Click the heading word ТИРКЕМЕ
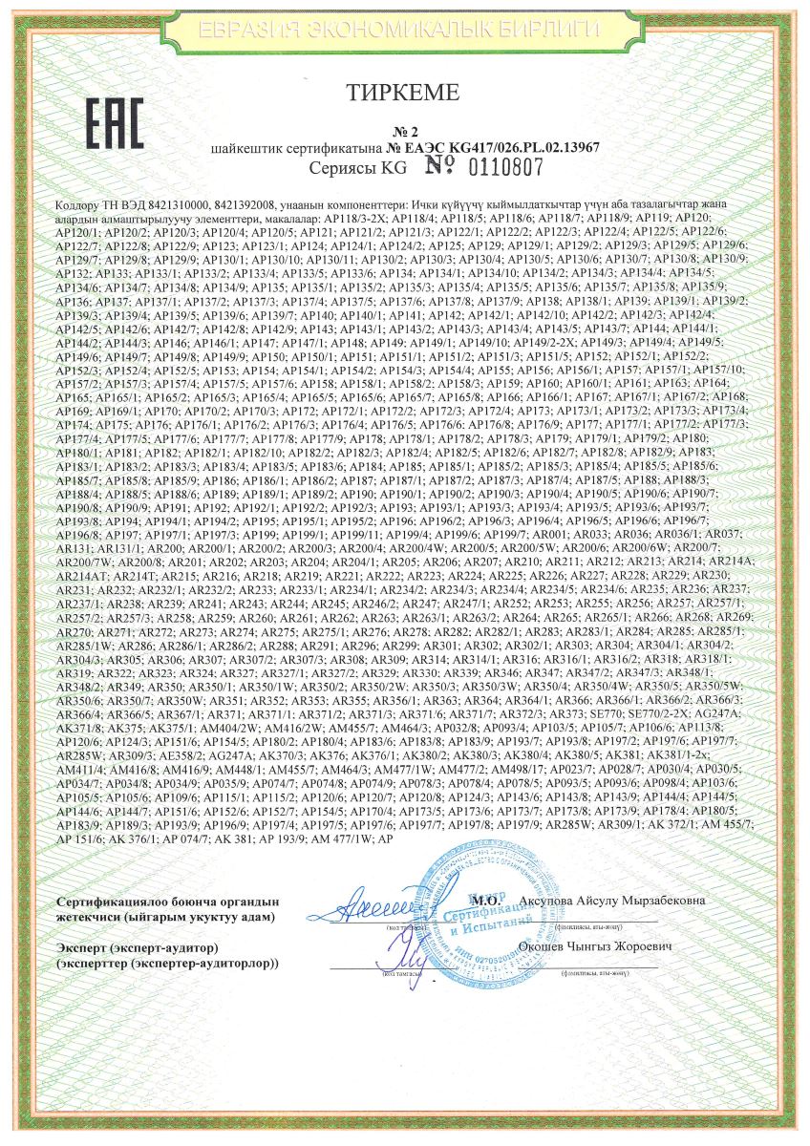[405, 93]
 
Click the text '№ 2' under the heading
[406, 131]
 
